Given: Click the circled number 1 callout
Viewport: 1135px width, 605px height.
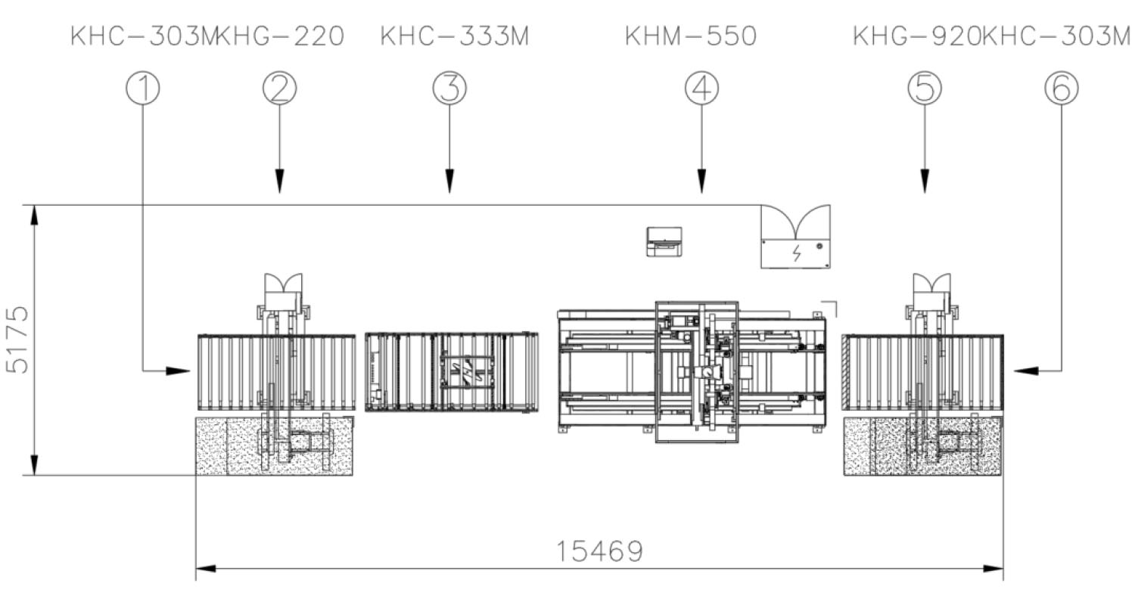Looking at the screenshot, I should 143,88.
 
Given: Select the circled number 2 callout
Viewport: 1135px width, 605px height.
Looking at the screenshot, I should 279,88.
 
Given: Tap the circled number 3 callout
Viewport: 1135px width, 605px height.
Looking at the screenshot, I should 449,88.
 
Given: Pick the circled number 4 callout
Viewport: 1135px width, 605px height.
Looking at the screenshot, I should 701,88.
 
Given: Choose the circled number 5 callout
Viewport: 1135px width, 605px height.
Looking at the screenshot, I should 924,88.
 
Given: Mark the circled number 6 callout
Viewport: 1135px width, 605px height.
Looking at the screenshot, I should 1061,88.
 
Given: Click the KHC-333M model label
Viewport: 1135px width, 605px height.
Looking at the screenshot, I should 454,36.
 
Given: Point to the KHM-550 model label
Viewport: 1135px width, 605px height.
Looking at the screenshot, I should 690,36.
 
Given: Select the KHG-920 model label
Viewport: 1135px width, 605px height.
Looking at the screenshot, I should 916,36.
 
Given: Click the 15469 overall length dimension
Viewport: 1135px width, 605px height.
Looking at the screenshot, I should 599,551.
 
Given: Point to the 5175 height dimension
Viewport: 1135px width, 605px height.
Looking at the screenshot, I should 18,340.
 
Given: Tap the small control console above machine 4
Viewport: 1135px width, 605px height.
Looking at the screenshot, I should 664,241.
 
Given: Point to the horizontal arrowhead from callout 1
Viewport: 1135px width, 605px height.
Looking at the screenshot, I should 179,371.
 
